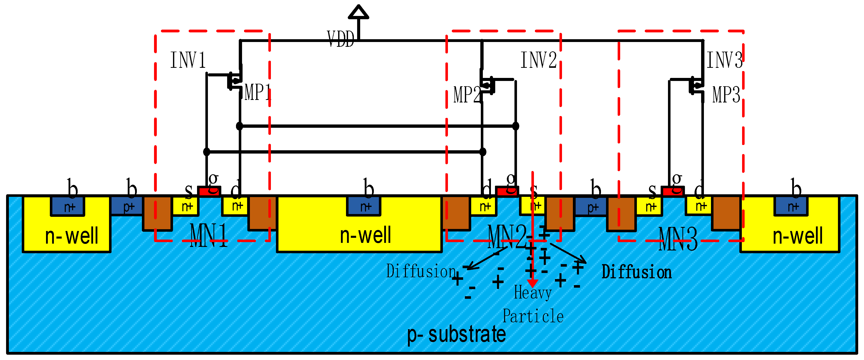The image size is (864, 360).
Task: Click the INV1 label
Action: [188, 60]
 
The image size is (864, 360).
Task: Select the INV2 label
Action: [538, 60]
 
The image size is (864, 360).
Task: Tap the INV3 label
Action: [724, 60]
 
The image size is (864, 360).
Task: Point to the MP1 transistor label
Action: [257, 92]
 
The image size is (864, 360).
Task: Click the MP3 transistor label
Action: [726, 95]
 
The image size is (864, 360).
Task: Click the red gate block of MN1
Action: [209, 192]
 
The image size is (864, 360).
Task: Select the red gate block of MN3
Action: [672, 192]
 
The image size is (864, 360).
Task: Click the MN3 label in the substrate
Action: [678, 239]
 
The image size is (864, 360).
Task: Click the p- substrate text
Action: [456, 334]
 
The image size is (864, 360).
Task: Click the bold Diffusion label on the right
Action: [636, 272]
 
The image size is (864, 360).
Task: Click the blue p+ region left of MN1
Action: [127, 206]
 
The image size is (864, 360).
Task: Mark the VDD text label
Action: [340, 39]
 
